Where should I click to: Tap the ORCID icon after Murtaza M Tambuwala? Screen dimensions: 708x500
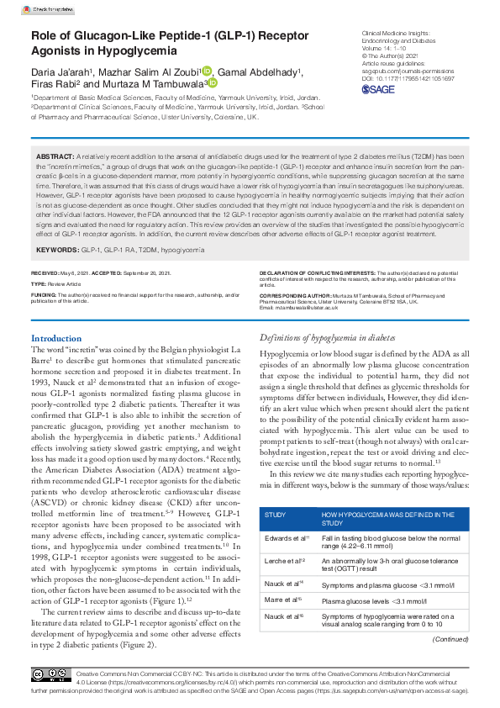click(x=213, y=83)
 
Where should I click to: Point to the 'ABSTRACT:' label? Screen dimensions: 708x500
click(x=55, y=157)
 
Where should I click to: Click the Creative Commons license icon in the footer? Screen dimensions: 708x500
click(x=50, y=675)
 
